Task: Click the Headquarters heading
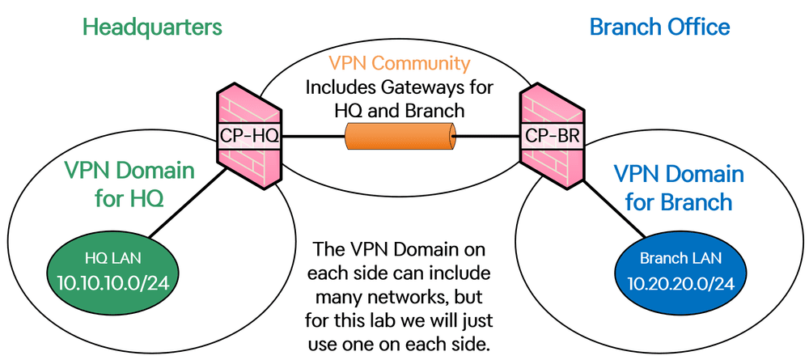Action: coord(152,27)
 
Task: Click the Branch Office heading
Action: coord(659,27)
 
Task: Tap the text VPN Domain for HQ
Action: coord(129,184)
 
